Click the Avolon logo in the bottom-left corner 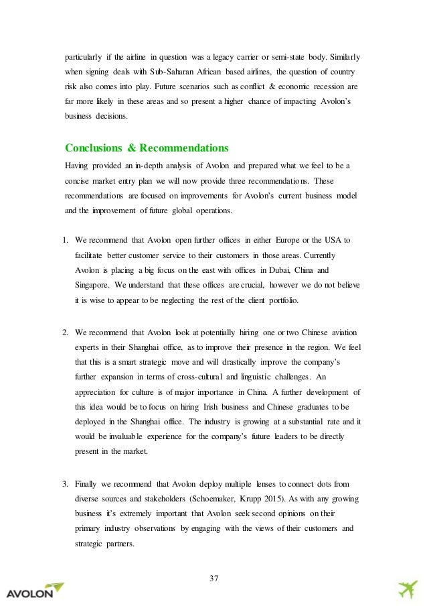[35, 591]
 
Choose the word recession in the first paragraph [316, 86]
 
